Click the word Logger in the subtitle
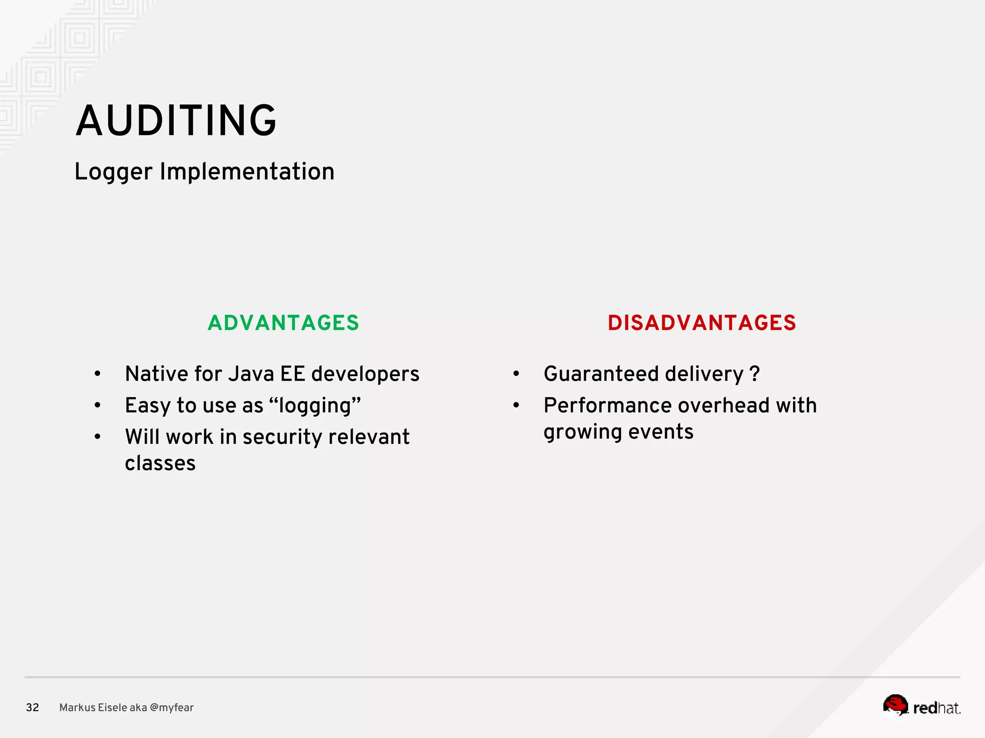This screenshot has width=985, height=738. [x=114, y=172]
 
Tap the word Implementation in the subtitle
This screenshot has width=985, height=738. [x=247, y=172]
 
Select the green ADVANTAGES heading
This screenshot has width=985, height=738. [x=283, y=323]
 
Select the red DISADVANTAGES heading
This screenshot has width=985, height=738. [x=702, y=323]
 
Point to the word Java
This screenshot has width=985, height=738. [x=251, y=374]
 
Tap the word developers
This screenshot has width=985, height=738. [x=365, y=374]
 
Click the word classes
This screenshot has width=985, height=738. [x=160, y=463]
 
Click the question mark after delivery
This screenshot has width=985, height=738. [x=754, y=374]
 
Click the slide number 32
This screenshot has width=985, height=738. [x=32, y=707]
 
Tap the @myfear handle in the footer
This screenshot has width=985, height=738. [x=172, y=707]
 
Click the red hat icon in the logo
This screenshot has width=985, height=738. [x=895, y=705]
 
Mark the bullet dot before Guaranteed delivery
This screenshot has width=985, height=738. [x=516, y=374]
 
